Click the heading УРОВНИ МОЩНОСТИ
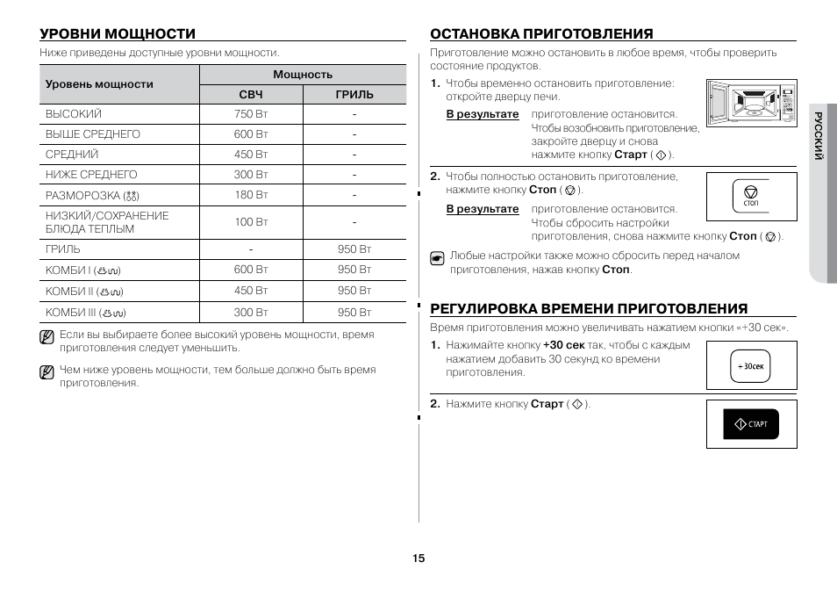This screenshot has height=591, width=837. pyautogui.click(x=117, y=33)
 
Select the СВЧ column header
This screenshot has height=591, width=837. pyautogui.click(x=251, y=95)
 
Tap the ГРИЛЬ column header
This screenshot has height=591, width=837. pyautogui.click(x=354, y=95)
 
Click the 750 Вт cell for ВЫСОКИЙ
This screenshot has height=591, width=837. pyautogui.click(x=251, y=114)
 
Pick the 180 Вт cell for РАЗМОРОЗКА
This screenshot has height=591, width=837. pyautogui.click(x=251, y=195)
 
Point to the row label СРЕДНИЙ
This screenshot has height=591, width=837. pyautogui.click(x=72, y=155)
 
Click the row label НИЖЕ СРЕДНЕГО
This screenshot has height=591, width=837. pyautogui.click(x=91, y=175)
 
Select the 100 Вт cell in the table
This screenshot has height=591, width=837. pyautogui.click(x=251, y=222)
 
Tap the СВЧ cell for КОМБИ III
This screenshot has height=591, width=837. pyautogui.click(x=251, y=312)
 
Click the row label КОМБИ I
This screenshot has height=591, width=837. pyautogui.click(x=83, y=270)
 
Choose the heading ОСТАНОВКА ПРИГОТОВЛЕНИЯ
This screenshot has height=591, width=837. pyautogui.click(x=541, y=33)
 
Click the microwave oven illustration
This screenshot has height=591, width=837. pyautogui.click(x=751, y=110)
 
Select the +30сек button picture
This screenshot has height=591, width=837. pyautogui.click(x=751, y=366)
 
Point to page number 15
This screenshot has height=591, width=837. pyautogui.click(x=418, y=559)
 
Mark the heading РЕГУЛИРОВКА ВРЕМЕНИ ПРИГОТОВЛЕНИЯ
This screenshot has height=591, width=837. pyautogui.click(x=589, y=308)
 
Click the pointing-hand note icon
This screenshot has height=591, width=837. pyautogui.click(x=437, y=258)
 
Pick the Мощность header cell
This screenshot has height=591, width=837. pyautogui.click(x=303, y=75)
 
